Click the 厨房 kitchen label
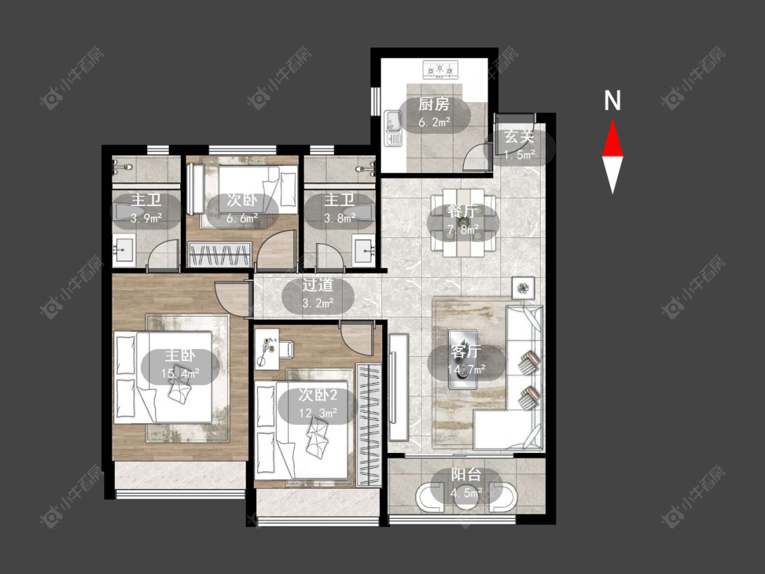pyautogui.click(x=434, y=105)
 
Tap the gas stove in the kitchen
pyautogui.click(x=441, y=69)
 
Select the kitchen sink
pyautogui.click(x=393, y=129)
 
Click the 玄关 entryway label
pyautogui.click(x=519, y=137)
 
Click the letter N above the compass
pyautogui.click(x=612, y=101)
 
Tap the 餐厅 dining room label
pyautogui.click(x=463, y=211)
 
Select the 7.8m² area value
pyautogui.click(x=463, y=229)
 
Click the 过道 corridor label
pyautogui.click(x=318, y=285)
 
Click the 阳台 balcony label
pyautogui.click(x=466, y=475)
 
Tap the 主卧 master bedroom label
pyautogui.click(x=180, y=355)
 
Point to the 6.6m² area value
pyautogui.click(x=242, y=218)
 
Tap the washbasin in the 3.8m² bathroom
pyautogui.click(x=364, y=250)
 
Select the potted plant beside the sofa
pyautogui.click(x=524, y=288)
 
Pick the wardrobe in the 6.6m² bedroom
pyautogui.click(x=220, y=254)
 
